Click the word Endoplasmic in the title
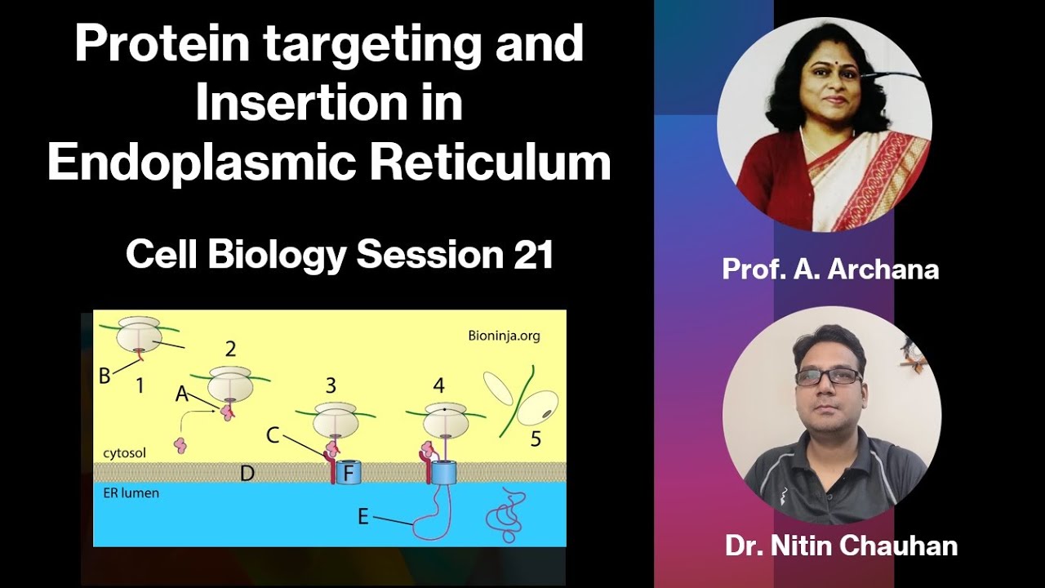[201, 163]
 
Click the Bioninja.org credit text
[504, 335]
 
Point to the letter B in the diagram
[104, 376]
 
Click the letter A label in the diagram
[182, 394]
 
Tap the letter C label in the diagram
[273, 436]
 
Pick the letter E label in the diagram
[363, 516]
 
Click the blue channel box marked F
[349, 472]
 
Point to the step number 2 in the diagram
[230, 350]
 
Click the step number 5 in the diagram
[536, 439]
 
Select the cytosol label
[123, 452]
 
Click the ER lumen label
[131, 493]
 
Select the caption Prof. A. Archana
[830, 269]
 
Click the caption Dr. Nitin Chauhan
[841, 546]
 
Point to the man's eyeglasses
[828, 376]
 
